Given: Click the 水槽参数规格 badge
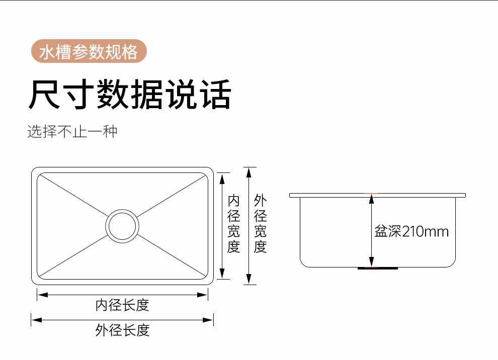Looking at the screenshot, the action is pos(89,52).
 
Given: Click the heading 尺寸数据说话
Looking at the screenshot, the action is pos(129,94).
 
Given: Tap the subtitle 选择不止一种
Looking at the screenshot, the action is pos(72,132).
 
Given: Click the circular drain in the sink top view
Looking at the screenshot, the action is pos(122,226).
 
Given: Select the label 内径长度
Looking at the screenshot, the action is pos(122,305).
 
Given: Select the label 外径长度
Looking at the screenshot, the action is pos(122,330).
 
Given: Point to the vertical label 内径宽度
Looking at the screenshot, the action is pos(234,224).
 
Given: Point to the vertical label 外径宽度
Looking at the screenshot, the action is pos(260,224).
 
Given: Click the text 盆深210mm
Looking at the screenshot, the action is pos(411,232).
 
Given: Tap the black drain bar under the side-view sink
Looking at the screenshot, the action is pos(378,268).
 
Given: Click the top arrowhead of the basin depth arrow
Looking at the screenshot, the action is pos(372,199).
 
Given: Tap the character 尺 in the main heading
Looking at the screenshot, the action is pos(44,94).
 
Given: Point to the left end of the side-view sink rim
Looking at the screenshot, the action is pos(291,195).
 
